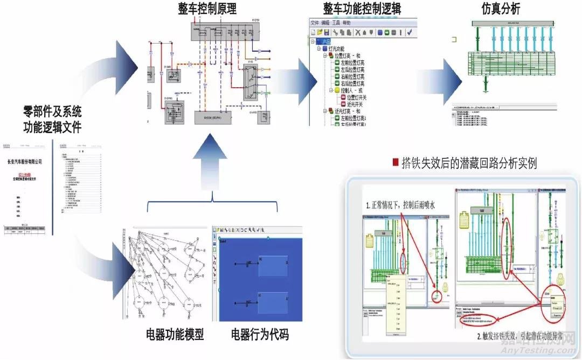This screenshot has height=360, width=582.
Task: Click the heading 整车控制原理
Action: [x=207, y=9]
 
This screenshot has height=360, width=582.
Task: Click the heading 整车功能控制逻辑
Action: [x=362, y=9]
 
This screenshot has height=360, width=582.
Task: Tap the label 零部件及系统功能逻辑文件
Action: [x=52, y=120]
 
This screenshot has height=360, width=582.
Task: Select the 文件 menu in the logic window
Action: [x=315, y=23]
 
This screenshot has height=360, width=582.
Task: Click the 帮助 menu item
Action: [x=347, y=23]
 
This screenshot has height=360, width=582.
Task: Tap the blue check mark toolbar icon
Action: [x=410, y=32]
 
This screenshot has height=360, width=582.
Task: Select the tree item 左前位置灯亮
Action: [x=352, y=63]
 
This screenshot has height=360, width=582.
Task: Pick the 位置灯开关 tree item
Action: [x=356, y=98]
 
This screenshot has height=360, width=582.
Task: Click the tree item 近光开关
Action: [x=353, y=105]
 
